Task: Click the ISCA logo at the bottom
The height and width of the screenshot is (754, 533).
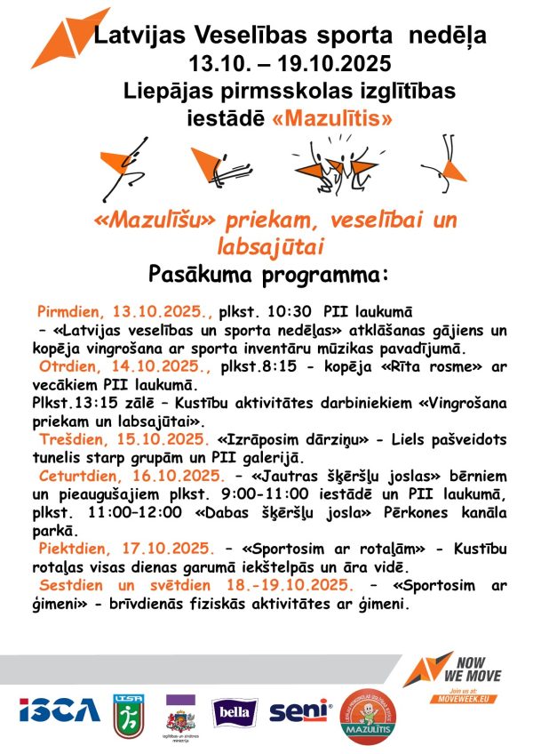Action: pos(59,710)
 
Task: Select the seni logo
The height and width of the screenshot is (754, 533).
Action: pos(299,711)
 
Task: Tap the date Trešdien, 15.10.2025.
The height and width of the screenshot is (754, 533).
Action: pos(123,439)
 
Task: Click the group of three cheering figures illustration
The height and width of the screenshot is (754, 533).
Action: pos(333,165)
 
